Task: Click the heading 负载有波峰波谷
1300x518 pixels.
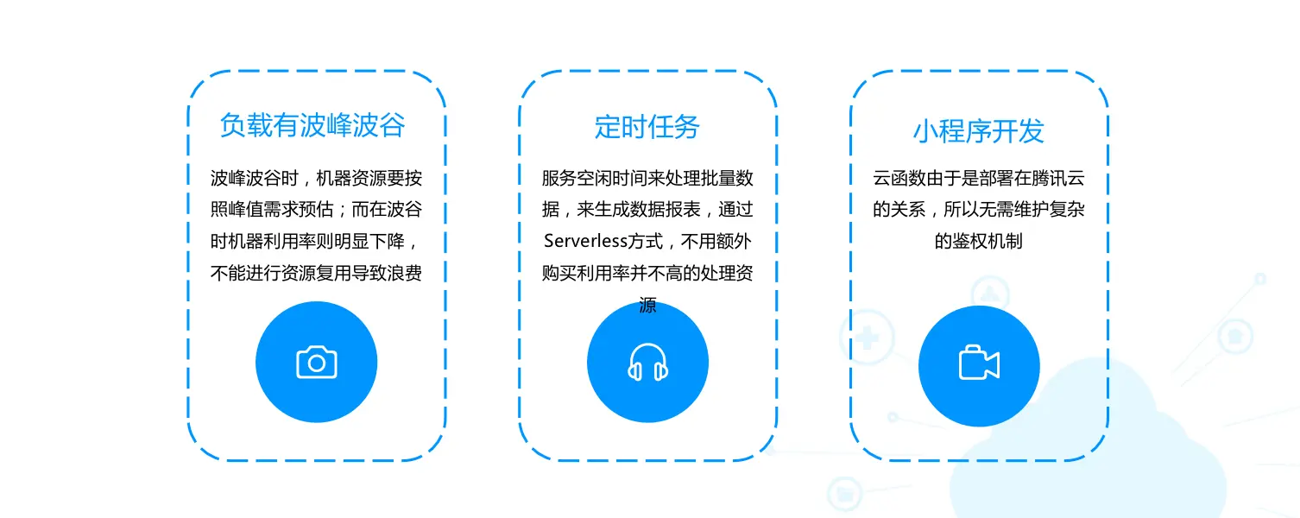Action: pyautogui.click(x=312, y=126)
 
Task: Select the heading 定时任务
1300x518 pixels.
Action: pyautogui.click(x=647, y=127)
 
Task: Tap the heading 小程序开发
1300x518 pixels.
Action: pyautogui.click(x=978, y=131)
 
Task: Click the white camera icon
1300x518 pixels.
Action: pyautogui.click(x=316, y=363)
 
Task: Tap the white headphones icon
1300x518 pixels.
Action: pyautogui.click(x=647, y=363)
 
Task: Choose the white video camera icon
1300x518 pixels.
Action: pyautogui.click(x=979, y=363)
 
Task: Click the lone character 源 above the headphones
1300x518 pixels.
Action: pyautogui.click(x=647, y=305)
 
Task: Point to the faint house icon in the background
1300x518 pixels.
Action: pyautogui.click(x=1235, y=336)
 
